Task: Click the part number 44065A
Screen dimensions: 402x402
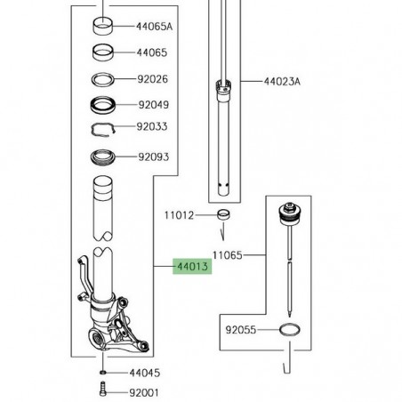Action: pos(154,27)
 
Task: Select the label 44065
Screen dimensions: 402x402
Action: pos(150,53)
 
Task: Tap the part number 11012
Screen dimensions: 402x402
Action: pos(178,214)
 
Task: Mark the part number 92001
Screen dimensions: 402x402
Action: pos(143,390)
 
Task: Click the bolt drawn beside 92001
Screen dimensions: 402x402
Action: pos(103,390)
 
